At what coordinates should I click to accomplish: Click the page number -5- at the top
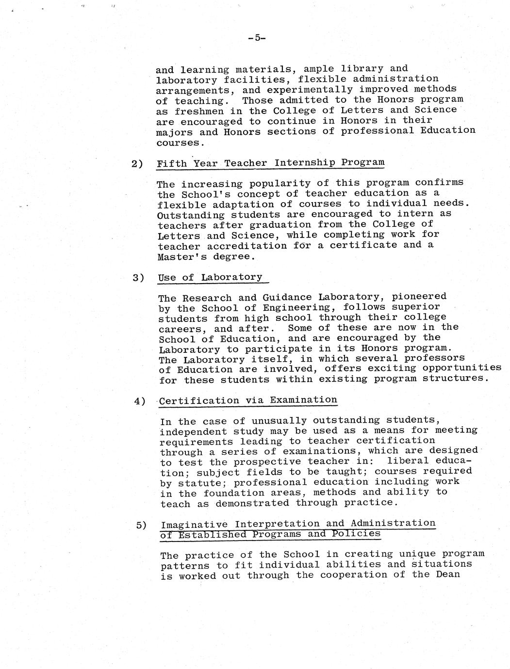[x=255, y=38]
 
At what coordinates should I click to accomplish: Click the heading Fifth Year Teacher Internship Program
[x=270, y=163]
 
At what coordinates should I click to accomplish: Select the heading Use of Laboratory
[x=210, y=277]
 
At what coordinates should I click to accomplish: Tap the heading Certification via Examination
[x=248, y=400]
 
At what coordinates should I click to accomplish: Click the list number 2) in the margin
[x=137, y=164]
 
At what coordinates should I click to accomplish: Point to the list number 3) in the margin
[x=139, y=278]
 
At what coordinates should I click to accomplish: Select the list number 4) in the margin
[x=140, y=401]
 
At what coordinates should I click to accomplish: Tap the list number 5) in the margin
[x=142, y=525]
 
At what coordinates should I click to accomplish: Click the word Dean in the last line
[x=448, y=574]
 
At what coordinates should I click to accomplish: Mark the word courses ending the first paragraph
[x=178, y=143]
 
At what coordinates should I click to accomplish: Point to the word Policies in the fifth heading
[x=356, y=534]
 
